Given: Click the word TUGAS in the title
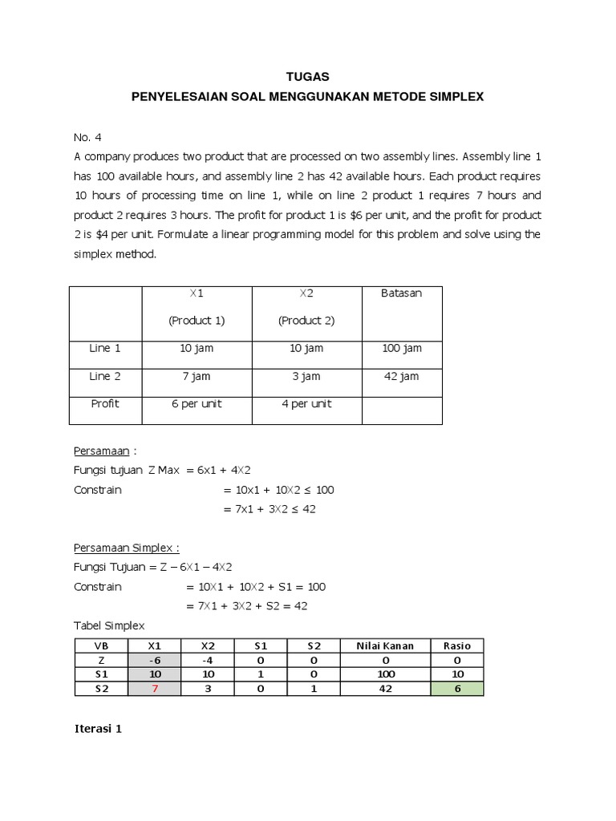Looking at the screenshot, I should point(307,77).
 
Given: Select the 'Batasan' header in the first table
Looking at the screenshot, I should point(402,293).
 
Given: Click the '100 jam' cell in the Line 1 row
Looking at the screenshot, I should point(402,349).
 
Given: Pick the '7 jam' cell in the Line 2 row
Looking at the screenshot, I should point(197,377).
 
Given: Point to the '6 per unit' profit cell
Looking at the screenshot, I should point(197,404).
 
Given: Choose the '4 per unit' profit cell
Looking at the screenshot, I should point(306,404).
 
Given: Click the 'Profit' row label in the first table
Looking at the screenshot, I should point(105,404).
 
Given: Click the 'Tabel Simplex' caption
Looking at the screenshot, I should point(109,625).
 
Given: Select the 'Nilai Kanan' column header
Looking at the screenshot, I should point(386,645).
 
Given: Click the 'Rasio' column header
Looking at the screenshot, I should point(457,645).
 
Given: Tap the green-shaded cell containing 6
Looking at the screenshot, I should point(457,689).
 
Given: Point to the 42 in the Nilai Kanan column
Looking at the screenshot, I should point(386,689).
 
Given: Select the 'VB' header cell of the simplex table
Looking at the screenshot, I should point(101,645).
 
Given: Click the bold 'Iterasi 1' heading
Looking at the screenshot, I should point(100,730).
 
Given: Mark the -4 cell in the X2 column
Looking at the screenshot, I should point(209,660).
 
